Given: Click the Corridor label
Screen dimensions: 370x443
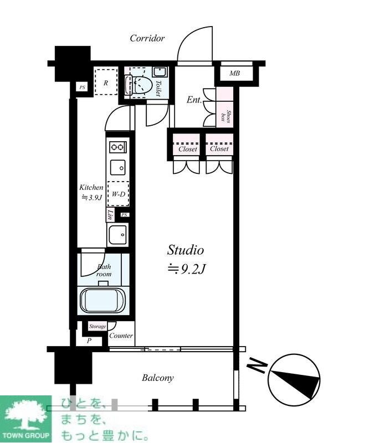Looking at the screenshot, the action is coord(147,38).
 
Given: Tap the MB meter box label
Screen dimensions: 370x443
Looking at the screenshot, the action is coord(235,73).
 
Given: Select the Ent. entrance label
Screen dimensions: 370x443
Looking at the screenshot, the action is coord(194,100).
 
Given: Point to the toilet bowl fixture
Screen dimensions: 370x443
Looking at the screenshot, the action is coord(138,85).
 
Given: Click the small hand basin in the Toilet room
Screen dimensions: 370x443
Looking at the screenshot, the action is coord(160,72).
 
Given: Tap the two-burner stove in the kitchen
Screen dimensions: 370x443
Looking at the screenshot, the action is coord(118,147).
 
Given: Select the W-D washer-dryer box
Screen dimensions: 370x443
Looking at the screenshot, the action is coord(118,194).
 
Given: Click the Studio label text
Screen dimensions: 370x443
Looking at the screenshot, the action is coord(186,250).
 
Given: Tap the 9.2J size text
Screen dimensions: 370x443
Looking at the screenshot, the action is coord(186,270).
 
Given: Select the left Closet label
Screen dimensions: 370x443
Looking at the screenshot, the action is coord(188,148).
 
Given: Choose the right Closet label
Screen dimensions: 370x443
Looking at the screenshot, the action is coord(219,148).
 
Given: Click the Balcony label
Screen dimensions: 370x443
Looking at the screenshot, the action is coord(158,378).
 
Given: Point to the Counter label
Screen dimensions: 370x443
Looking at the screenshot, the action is coord(121,336).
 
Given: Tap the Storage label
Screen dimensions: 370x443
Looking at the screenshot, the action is coord(97,326).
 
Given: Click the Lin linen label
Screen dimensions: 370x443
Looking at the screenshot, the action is coord(111,215).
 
